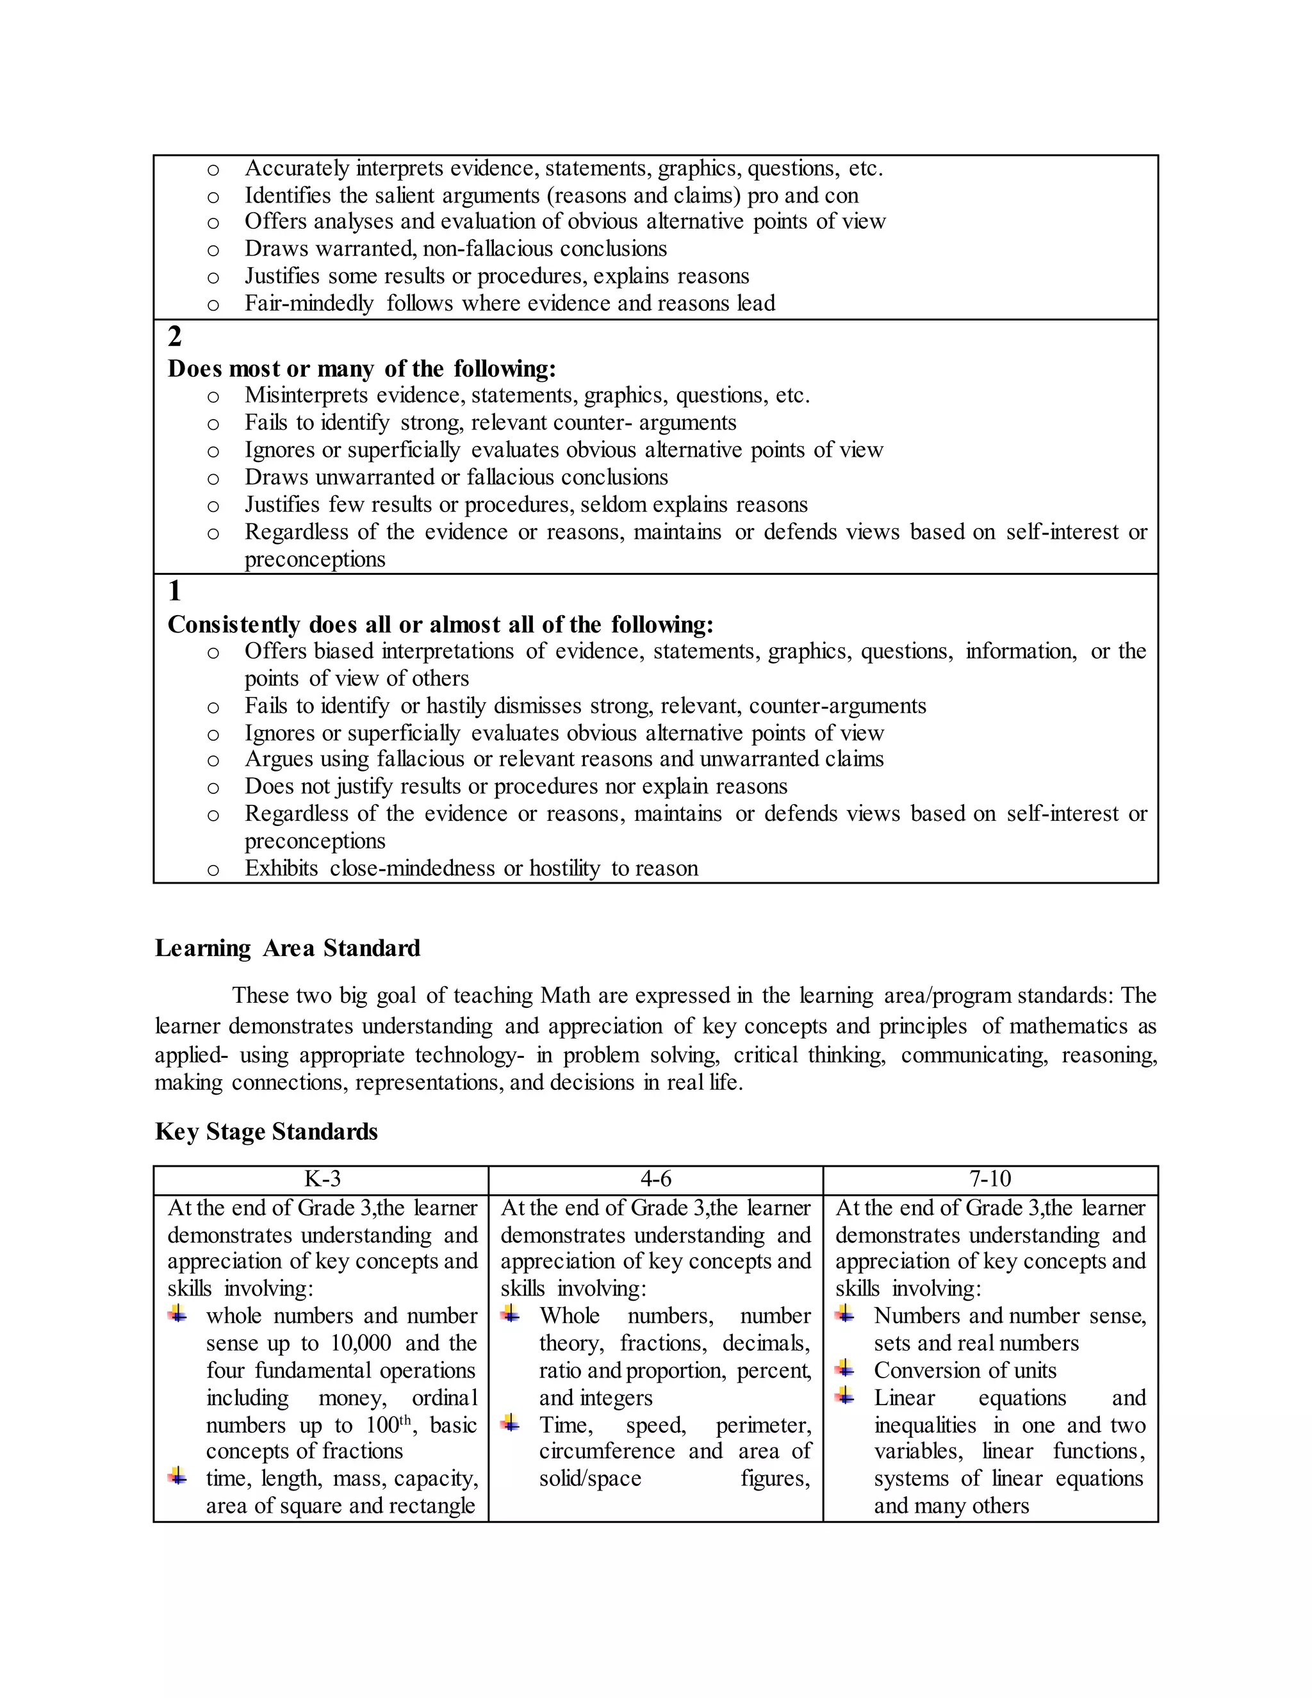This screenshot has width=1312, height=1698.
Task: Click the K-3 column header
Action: (322, 1178)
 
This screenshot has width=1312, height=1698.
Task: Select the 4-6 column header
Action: (655, 1178)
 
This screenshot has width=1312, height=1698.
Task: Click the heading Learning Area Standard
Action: (288, 948)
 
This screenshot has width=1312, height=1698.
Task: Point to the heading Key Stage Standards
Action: (266, 1131)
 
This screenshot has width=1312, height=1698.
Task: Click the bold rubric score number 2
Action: (175, 336)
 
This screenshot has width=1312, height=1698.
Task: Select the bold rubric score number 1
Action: (175, 591)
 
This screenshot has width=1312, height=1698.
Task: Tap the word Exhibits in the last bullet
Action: (281, 868)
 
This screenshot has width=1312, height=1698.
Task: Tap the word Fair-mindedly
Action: (309, 303)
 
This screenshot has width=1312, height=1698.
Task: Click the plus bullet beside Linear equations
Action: (846, 1396)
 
